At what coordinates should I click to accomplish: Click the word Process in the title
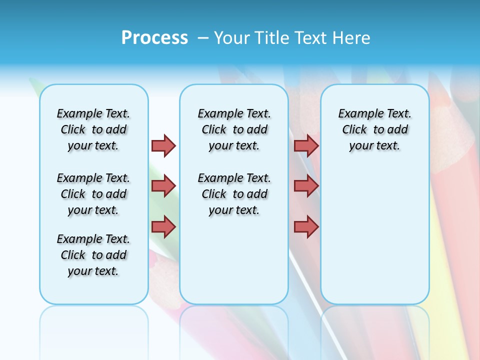point(154,38)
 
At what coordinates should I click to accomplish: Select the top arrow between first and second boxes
point(164,145)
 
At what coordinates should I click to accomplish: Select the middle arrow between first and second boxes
point(164,186)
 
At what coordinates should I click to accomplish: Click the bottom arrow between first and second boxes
point(164,227)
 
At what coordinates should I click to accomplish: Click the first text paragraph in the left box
point(93,129)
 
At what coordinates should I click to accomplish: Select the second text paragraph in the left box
point(93,194)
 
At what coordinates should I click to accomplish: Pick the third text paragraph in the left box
point(93,255)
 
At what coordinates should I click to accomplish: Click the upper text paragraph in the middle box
point(234,129)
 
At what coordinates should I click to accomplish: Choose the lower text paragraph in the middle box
point(234,194)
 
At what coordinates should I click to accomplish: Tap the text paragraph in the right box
point(374,129)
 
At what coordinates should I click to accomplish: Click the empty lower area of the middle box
point(234,260)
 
